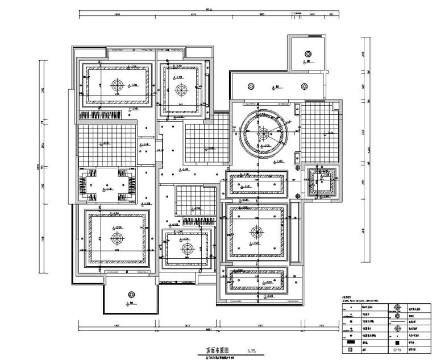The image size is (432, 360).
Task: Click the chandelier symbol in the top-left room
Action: (117, 85)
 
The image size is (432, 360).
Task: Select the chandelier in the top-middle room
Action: (181, 89)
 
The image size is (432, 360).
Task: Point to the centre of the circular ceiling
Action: (264, 134)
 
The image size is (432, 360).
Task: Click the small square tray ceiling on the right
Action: (321, 182)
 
